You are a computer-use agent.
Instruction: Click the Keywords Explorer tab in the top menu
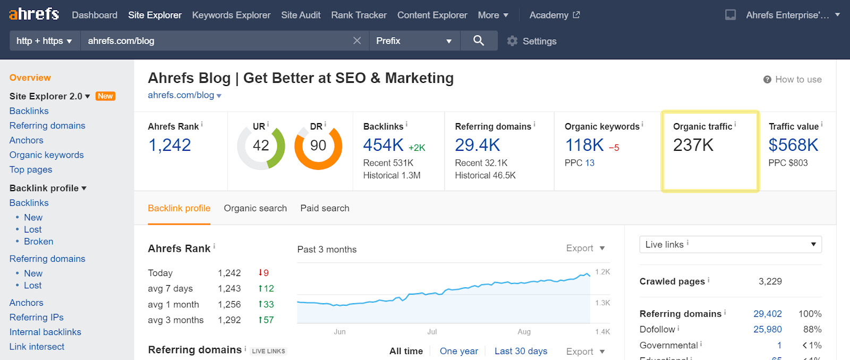coord(231,15)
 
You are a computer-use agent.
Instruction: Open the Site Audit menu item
coord(301,15)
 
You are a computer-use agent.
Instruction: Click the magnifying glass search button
coord(479,40)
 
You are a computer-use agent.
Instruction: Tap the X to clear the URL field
coord(357,41)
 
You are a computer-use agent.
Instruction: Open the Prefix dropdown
coord(413,41)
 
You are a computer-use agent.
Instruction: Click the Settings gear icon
coord(512,41)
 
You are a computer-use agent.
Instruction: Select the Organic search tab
coord(255,208)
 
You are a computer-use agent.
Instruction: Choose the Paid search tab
coord(325,208)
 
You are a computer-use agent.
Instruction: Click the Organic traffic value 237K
coord(693,145)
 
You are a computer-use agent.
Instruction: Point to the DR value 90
coord(318,145)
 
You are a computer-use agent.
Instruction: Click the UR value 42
coord(261,145)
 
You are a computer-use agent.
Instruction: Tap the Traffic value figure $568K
coord(793,145)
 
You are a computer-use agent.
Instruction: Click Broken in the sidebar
coord(38,242)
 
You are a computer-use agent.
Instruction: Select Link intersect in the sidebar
coord(37,347)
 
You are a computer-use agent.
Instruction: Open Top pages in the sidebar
coord(31,169)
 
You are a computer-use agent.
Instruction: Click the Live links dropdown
coord(730,244)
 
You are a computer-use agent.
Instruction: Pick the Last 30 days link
coord(521,351)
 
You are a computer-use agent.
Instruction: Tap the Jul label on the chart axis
coord(432,332)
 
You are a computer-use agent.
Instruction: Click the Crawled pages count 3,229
coord(770,281)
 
